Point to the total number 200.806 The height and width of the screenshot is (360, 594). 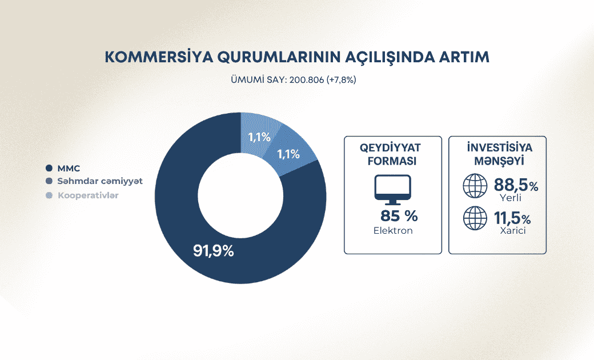click(306, 80)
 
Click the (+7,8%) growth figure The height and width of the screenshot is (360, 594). click(341, 80)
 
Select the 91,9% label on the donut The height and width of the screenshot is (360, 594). click(214, 250)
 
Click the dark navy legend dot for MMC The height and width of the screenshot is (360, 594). click(49, 168)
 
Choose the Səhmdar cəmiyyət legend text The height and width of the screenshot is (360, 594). click(100, 181)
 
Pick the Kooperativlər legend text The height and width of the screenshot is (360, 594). click(89, 195)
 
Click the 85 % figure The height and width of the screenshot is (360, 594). click(399, 216)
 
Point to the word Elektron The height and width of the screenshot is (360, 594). click(393, 231)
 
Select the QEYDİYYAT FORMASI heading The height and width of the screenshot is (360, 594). click(393, 154)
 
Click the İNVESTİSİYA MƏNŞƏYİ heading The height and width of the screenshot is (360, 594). click(497, 154)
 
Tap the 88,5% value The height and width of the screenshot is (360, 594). click(516, 186)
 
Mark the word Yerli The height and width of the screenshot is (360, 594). click(510, 198)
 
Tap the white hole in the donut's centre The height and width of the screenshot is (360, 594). click(240, 198)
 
